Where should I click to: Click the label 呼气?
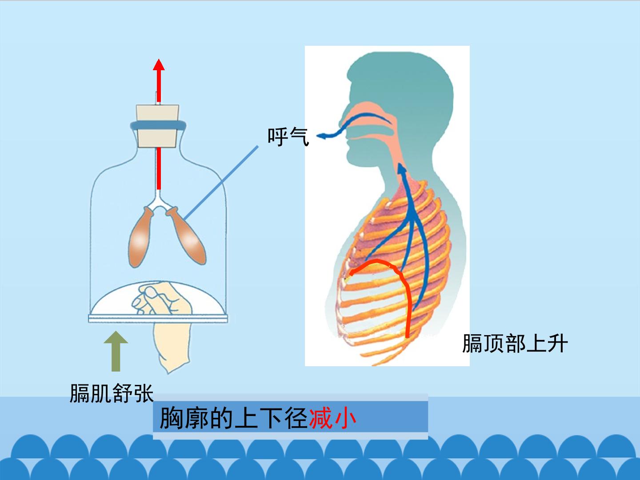pos(288,137)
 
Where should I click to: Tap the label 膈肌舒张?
pos(112,393)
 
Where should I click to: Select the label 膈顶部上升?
pos(515,344)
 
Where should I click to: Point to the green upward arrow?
pos(116,351)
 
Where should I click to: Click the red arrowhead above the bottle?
pos(159,65)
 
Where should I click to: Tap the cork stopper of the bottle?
pos(157,126)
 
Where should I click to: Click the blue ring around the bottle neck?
pos(158,126)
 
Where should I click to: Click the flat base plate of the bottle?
pos(158,319)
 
